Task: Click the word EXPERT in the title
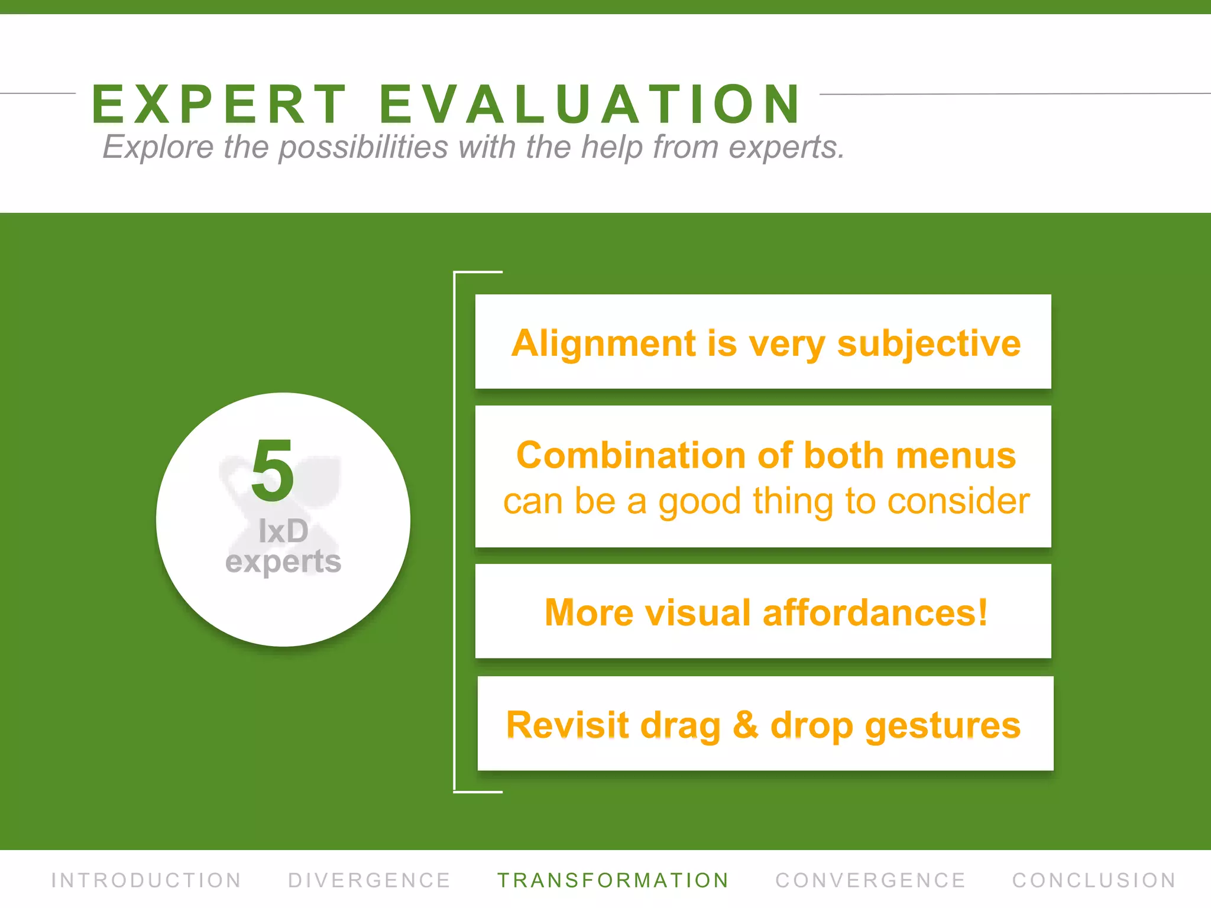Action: [x=219, y=105]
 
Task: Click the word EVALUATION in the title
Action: [x=590, y=105]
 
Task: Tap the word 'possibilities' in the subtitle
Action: [x=363, y=147]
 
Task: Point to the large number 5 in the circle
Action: [x=273, y=471]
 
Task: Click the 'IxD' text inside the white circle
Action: [x=283, y=531]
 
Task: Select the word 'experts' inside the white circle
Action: [x=283, y=562]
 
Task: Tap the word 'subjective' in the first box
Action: [x=928, y=343]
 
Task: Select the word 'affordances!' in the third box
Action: [x=875, y=612]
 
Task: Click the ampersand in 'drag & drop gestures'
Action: [x=746, y=725]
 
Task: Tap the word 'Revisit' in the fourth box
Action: [x=567, y=725]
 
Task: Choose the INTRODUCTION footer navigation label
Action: [x=147, y=880]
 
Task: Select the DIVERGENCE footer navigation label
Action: [x=370, y=880]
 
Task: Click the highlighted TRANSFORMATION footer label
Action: [x=613, y=880]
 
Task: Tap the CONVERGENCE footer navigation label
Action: [x=870, y=880]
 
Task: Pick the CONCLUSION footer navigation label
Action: [x=1094, y=880]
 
